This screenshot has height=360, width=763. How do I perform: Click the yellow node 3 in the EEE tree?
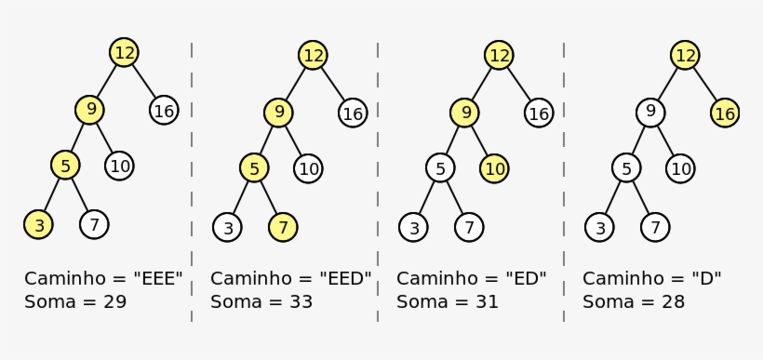(38, 224)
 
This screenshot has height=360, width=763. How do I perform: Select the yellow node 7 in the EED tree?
(284, 226)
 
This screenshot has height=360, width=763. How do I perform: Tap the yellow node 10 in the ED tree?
(495, 168)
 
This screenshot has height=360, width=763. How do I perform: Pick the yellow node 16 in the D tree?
(725, 113)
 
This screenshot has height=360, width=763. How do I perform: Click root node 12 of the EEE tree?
(124, 53)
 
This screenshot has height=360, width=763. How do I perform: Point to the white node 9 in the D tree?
(650, 113)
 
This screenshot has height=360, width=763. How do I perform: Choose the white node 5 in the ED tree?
(440, 168)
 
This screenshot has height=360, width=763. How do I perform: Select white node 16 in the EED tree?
(353, 113)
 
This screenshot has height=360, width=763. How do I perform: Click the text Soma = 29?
(75, 302)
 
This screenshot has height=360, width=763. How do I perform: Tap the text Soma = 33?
(261, 302)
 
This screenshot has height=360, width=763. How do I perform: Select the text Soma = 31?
(448, 302)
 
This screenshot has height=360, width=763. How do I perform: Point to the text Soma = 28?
(634, 302)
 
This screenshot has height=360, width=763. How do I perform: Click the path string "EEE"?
(158, 278)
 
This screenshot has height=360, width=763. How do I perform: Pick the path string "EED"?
(344, 278)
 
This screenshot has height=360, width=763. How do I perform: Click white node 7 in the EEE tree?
(94, 224)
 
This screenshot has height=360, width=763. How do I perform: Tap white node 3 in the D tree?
(600, 227)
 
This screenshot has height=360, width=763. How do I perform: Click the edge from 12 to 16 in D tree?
(705, 84)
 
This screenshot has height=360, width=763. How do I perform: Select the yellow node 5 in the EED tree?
(254, 168)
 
